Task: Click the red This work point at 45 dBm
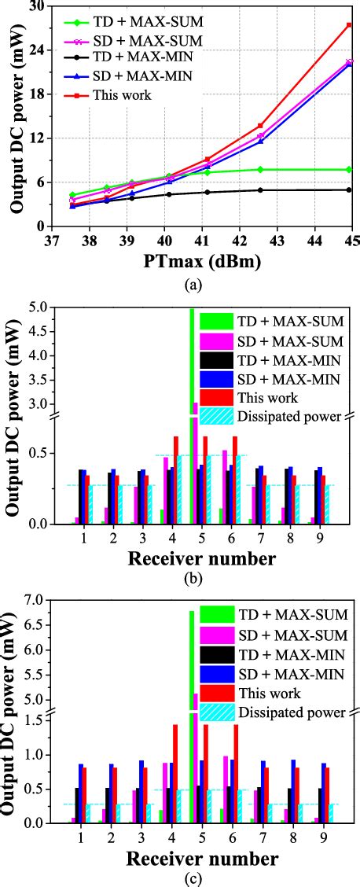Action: click(x=349, y=25)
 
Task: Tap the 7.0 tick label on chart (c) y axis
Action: click(x=33, y=599)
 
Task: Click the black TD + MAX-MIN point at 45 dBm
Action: click(x=349, y=190)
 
